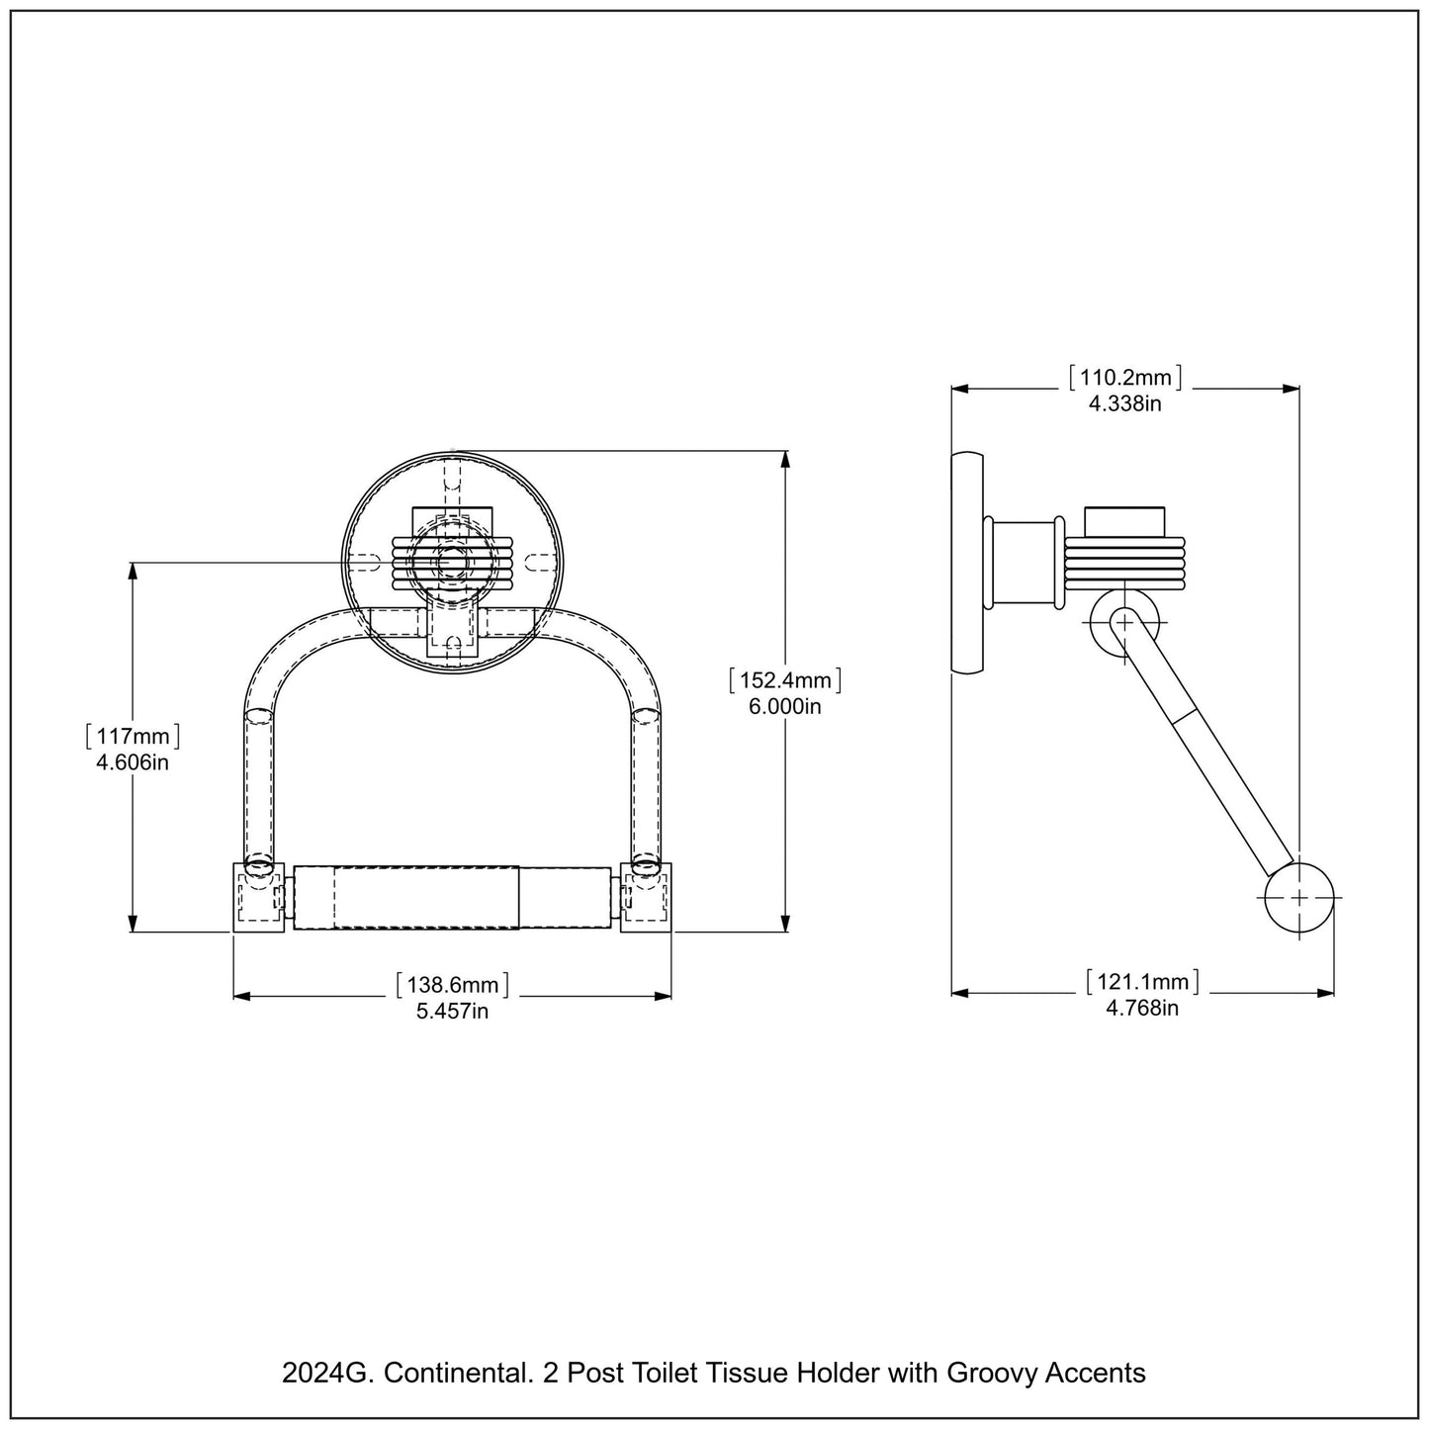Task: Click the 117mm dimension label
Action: (133, 737)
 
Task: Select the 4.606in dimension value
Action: (133, 762)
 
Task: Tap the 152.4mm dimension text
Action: (784, 680)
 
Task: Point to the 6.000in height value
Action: (784, 706)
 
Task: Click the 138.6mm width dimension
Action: (452, 985)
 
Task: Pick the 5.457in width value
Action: (452, 1011)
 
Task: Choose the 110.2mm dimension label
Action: (1125, 377)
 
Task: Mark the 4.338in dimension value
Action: (1125, 402)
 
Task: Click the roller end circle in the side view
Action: (1298, 897)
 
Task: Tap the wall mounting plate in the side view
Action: (966, 563)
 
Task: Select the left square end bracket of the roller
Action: (259, 896)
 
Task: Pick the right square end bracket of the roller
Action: (646, 896)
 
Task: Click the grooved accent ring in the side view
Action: (1124, 563)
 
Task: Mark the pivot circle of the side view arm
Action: (1124, 623)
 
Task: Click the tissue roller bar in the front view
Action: (452, 897)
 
